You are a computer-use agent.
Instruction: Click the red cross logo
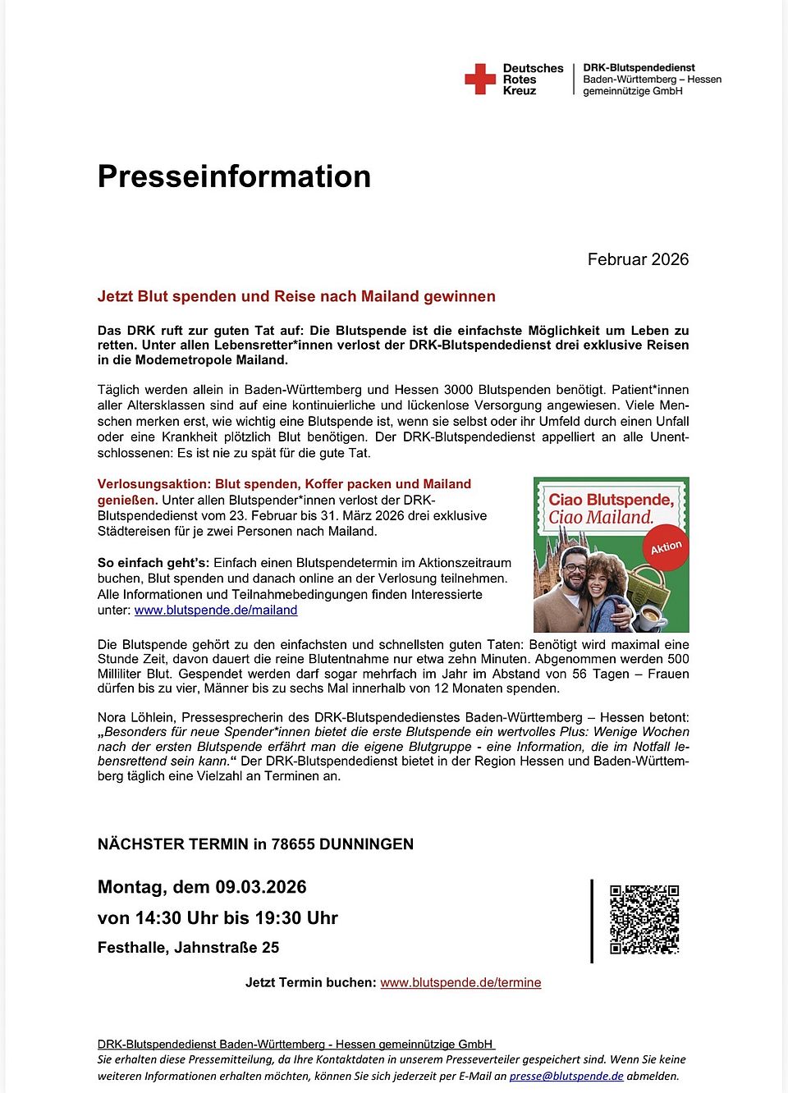tap(480, 79)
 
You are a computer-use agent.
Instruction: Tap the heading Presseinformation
tap(234, 176)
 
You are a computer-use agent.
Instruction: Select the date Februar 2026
tap(638, 259)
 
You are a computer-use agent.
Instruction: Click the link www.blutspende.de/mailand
tap(216, 610)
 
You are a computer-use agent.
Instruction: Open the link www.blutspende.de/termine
tap(460, 982)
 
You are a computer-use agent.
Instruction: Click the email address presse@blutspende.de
tap(566, 1076)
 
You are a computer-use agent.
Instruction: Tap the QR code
tap(644, 919)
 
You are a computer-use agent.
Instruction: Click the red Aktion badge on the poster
tap(666, 547)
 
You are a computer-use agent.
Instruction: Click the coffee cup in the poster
tap(652, 616)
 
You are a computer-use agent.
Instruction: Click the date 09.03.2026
tap(261, 887)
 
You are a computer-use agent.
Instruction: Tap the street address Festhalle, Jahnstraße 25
tap(188, 948)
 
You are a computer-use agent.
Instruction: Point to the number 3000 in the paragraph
tap(459, 390)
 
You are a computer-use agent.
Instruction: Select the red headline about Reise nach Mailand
tap(296, 296)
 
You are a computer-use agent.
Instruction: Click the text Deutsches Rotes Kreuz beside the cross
tap(533, 80)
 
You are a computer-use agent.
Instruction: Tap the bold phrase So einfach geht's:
tap(153, 563)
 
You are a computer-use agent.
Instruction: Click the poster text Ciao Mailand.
tap(601, 518)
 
